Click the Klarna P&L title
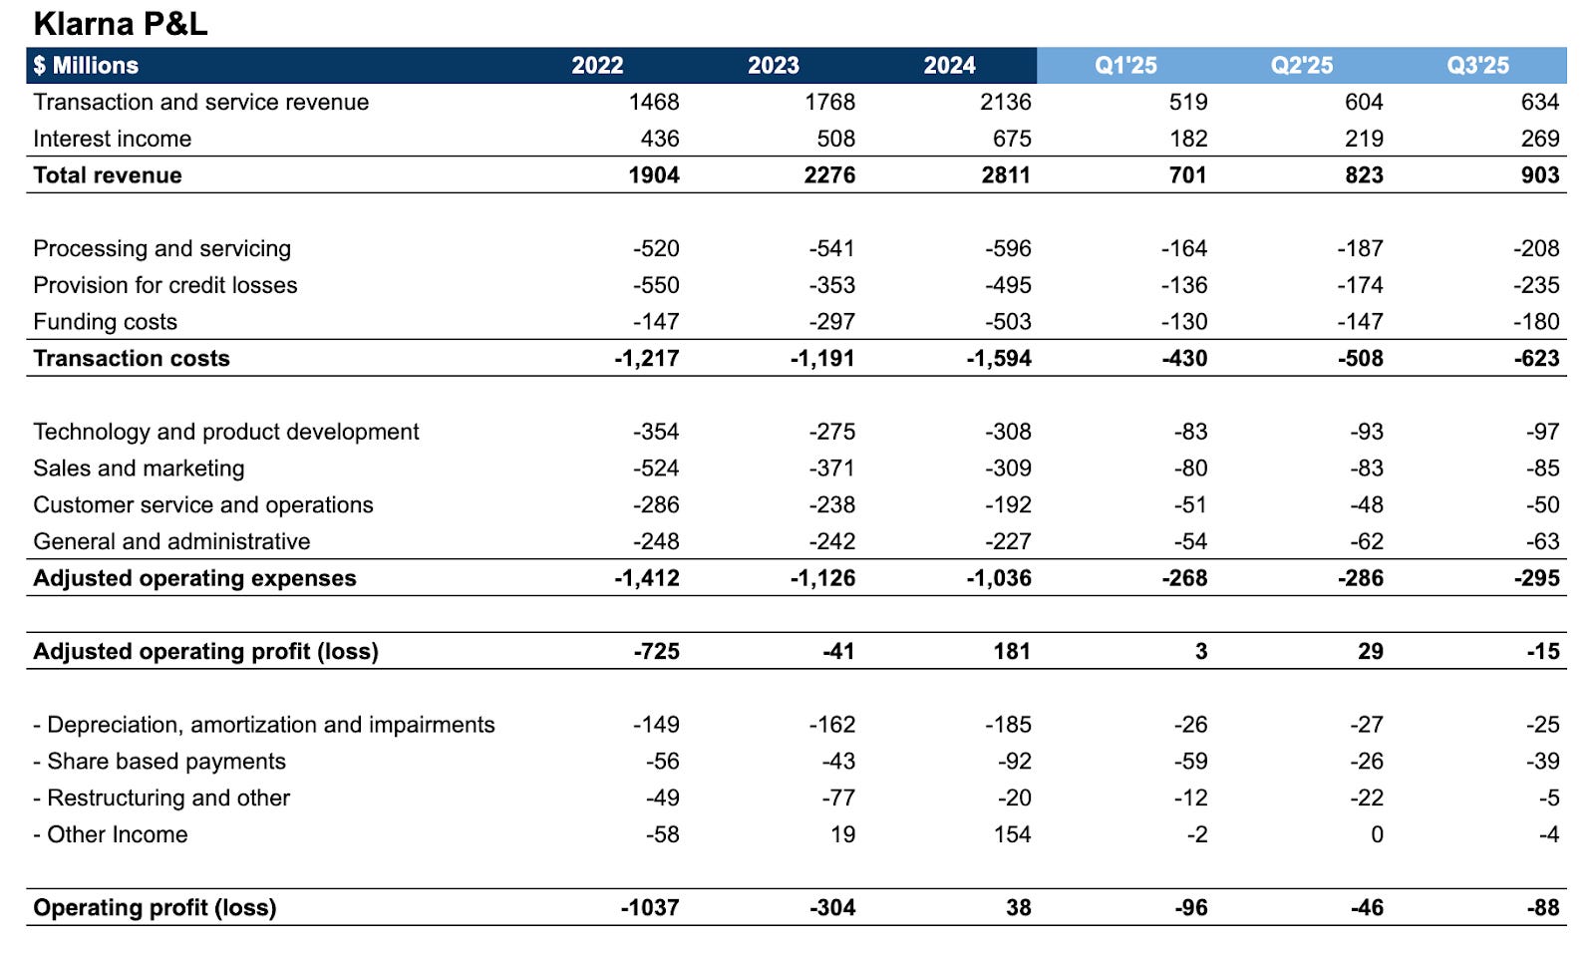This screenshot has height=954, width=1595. click(121, 23)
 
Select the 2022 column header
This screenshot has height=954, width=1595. click(597, 66)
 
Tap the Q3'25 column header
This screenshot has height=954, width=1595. click(1477, 66)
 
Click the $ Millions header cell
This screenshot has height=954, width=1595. click(86, 66)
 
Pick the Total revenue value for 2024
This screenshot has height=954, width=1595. click(1006, 175)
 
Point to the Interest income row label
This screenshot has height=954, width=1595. click(113, 139)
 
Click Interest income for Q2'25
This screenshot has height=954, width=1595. click(1364, 139)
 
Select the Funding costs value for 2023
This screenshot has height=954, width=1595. click(831, 322)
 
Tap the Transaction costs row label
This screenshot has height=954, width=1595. click(132, 359)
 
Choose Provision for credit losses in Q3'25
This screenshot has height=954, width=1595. click(1536, 285)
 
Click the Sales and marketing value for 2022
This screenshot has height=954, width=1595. click(656, 469)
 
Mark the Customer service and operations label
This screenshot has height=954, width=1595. click(203, 505)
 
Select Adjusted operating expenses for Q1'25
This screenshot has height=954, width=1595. click(1184, 578)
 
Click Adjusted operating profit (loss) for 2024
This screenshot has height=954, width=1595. click(1011, 652)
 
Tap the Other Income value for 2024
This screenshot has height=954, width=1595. click(1012, 835)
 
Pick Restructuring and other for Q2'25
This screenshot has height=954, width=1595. click(1366, 798)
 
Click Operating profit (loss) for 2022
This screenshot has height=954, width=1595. click(650, 908)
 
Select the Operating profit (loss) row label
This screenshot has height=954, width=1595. click(155, 908)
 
